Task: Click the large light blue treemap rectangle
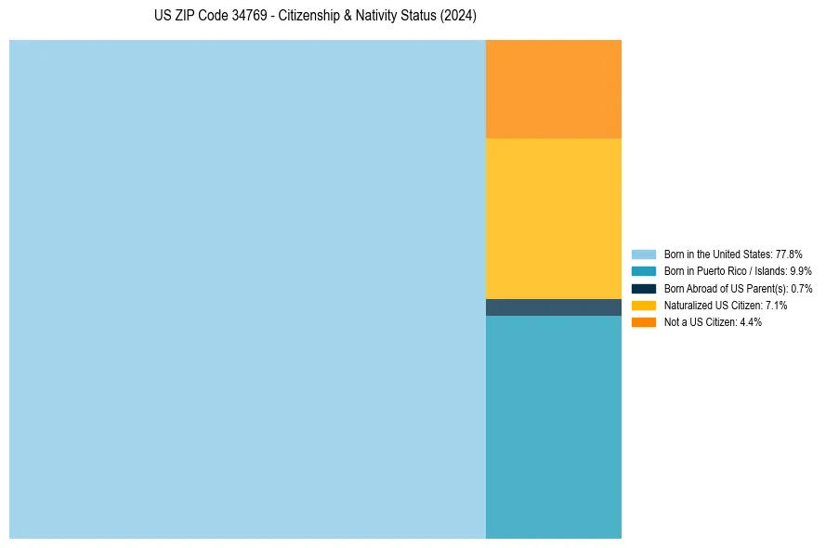click(x=247, y=289)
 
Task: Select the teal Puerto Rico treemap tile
click(x=554, y=427)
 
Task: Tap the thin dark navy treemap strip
click(x=554, y=307)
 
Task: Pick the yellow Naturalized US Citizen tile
click(x=554, y=218)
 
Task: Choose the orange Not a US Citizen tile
click(x=554, y=89)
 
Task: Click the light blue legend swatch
click(x=643, y=254)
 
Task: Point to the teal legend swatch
click(x=643, y=271)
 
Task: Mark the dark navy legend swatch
click(x=643, y=288)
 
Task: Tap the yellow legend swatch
click(x=643, y=305)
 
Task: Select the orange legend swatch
click(x=643, y=322)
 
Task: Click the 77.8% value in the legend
click(x=789, y=254)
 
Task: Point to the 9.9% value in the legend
click(x=801, y=271)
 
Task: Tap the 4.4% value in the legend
click(x=751, y=322)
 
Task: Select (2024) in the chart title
click(x=458, y=17)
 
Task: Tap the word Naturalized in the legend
click(x=687, y=305)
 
